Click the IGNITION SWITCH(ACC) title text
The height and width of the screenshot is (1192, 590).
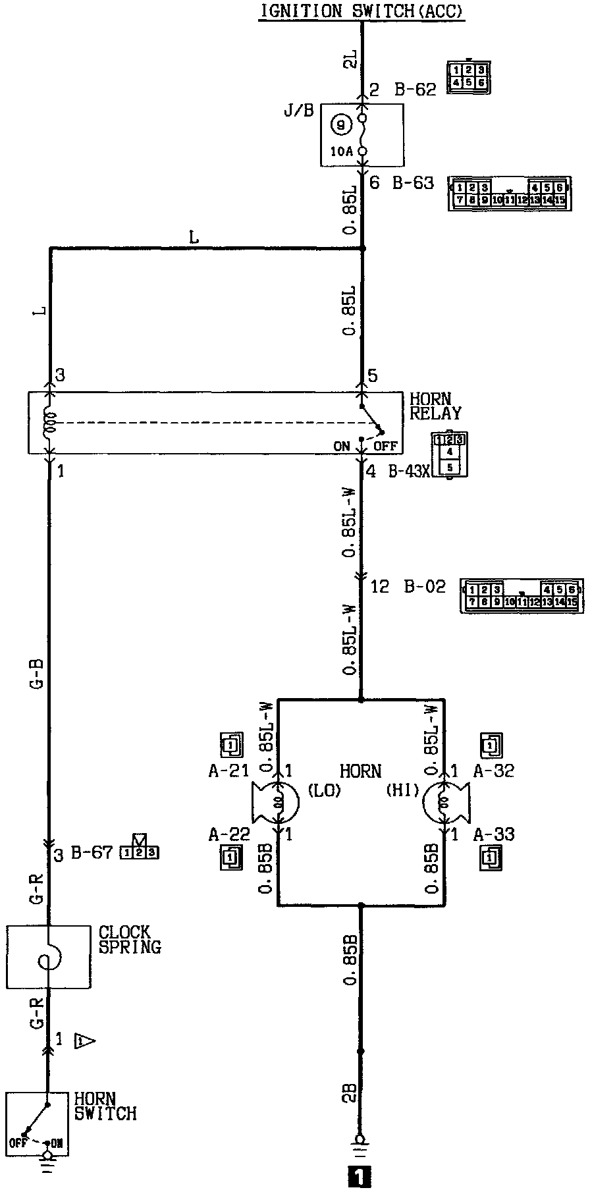click(x=361, y=11)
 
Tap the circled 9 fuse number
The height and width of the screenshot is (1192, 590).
click(x=340, y=123)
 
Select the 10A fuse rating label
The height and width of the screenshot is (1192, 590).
click(x=341, y=151)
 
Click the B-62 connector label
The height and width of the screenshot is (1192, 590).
click(x=416, y=90)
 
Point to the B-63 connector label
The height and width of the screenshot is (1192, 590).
click(x=414, y=182)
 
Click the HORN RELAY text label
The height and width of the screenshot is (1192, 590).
click(x=435, y=406)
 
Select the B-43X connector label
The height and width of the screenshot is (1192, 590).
click(x=410, y=472)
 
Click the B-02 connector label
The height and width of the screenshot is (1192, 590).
click(x=425, y=586)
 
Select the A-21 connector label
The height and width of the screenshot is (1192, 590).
click(x=228, y=771)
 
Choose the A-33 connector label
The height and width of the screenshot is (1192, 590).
click(x=494, y=835)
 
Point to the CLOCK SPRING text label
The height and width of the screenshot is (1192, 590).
click(x=129, y=940)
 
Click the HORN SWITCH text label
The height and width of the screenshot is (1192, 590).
click(x=105, y=1106)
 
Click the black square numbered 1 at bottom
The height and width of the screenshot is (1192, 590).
click(x=360, y=1177)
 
